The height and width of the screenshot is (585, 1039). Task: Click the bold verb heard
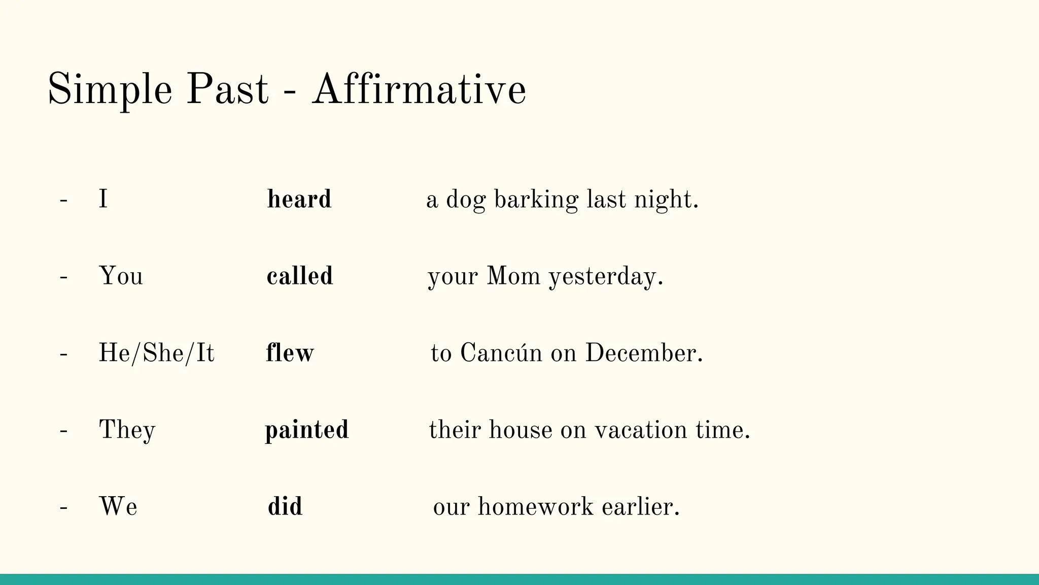coord(299,199)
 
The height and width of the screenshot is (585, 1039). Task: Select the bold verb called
coord(300,276)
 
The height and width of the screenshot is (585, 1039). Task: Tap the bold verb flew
coord(290,353)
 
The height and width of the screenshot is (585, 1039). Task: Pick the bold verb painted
coord(307,430)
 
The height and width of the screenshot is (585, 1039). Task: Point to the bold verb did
coord(285,507)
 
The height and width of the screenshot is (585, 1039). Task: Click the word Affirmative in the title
coord(419,90)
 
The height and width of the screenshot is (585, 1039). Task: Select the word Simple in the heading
coord(110,90)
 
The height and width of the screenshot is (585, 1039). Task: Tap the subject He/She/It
coord(156,353)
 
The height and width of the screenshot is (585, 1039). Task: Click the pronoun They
coord(127,430)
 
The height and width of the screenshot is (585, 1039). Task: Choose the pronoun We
coord(118,507)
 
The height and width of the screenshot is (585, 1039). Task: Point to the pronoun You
coord(121,276)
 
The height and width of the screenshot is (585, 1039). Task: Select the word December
coord(643,353)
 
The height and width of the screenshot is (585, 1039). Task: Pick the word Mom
coord(513,276)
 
